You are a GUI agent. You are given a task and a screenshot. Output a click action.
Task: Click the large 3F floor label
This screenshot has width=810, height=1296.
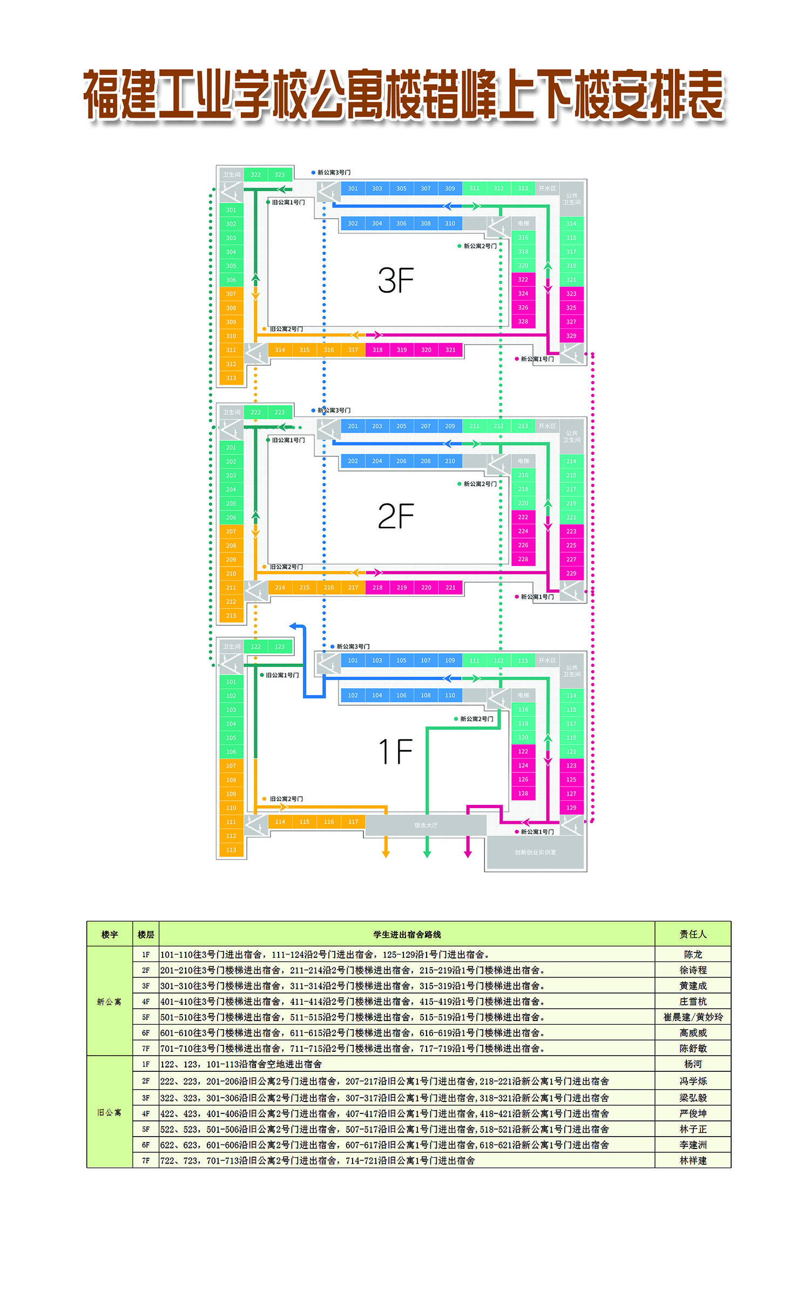pyautogui.click(x=395, y=280)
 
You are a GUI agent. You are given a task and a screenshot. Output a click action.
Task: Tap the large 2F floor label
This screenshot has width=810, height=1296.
pyautogui.click(x=395, y=516)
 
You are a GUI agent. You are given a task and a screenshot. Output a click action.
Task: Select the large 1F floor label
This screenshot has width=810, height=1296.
pyautogui.click(x=395, y=751)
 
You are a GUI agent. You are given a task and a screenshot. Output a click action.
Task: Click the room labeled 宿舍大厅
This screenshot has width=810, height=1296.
pyautogui.click(x=426, y=825)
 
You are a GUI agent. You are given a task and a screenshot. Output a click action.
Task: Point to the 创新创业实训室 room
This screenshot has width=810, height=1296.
pyautogui.click(x=535, y=852)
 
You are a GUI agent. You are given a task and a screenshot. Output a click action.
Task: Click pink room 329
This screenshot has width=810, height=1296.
pyautogui.click(x=571, y=335)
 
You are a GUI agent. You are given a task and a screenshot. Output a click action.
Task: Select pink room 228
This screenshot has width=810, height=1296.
pyautogui.click(x=523, y=559)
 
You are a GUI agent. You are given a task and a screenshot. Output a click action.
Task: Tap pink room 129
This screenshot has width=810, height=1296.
pyautogui.click(x=571, y=808)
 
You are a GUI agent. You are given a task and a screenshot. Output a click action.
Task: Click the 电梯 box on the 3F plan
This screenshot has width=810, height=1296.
pyautogui.click(x=523, y=223)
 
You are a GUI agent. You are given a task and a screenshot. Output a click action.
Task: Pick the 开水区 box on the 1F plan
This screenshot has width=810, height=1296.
pyautogui.click(x=546, y=660)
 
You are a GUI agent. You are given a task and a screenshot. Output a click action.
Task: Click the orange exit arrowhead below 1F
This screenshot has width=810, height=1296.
pyautogui.click(x=386, y=854)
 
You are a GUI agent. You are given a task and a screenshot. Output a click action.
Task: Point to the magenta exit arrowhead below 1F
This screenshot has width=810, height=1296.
pyautogui.click(x=468, y=854)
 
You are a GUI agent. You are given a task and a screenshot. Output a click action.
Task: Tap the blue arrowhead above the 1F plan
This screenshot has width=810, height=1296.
pyautogui.click(x=293, y=626)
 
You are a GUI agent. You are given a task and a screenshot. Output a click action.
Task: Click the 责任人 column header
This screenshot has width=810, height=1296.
pyautogui.click(x=693, y=934)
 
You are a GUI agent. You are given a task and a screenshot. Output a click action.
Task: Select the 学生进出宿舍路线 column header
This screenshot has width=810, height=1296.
pyautogui.click(x=407, y=934)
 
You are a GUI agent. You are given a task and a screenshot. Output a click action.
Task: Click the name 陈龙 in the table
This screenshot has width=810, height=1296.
pyautogui.click(x=693, y=955)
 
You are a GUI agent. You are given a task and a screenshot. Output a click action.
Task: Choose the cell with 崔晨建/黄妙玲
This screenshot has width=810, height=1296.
pyautogui.click(x=693, y=1017)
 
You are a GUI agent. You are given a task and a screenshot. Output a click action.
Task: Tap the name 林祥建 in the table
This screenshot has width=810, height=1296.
pyautogui.click(x=693, y=1160)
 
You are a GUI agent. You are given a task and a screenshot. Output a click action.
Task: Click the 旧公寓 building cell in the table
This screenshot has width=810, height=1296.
pyautogui.click(x=109, y=1112)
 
